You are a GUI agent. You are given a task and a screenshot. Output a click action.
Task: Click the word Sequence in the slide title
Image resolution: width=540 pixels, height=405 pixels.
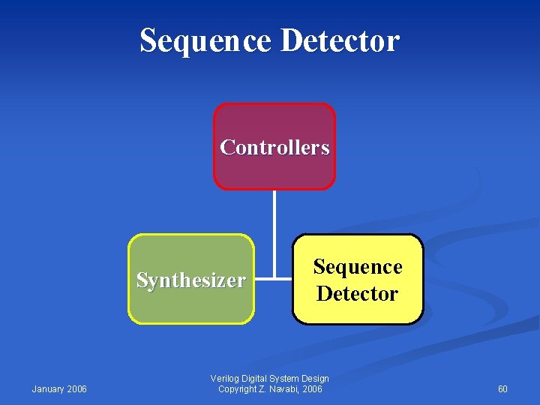click(205, 40)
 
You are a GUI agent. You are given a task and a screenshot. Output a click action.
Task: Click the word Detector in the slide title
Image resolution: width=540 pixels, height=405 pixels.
click(340, 40)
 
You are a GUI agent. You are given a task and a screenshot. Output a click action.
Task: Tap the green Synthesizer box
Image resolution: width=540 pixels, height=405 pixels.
click(191, 304)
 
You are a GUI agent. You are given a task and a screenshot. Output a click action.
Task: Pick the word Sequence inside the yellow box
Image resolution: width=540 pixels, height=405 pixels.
click(358, 267)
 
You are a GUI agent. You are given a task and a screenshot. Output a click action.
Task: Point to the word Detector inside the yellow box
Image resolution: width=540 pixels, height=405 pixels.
click(358, 293)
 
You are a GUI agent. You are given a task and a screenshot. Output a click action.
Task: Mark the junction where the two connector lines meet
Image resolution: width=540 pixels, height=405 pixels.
click(274, 279)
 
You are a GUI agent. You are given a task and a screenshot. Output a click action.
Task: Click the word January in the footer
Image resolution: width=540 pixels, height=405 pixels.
click(49, 389)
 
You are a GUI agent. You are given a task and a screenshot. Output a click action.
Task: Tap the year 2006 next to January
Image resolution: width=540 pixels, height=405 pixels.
click(77, 389)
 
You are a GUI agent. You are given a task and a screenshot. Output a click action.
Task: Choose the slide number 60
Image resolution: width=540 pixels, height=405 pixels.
click(502, 389)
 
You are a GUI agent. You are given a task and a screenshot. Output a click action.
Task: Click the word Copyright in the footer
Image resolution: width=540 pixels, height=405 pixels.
click(238, 389)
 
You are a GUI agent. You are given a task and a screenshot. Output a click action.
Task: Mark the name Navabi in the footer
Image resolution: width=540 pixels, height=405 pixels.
click(287, 389)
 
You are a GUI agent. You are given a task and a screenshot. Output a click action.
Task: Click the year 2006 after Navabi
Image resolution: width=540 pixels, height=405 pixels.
click(313, 389)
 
